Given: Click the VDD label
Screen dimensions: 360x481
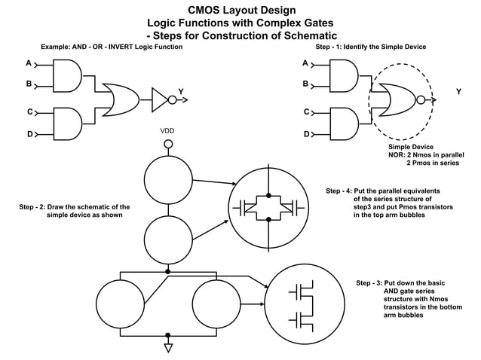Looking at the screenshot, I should [x=167, y=131].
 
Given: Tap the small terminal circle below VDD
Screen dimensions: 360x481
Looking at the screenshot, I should [x=168, y=143].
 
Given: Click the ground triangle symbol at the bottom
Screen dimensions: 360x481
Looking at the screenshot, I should [x=168, y=347].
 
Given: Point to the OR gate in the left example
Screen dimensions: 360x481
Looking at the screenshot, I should [x=121, y=96].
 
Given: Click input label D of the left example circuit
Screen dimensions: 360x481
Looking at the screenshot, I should [x=29, y=134].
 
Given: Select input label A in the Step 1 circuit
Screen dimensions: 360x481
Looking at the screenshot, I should [x=305, y=63].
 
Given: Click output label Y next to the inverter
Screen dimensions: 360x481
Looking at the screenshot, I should [x=181, y=92].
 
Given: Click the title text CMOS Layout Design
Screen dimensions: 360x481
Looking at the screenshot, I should [x=241, y=10].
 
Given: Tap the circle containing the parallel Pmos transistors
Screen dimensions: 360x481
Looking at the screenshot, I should [x=268, y=205].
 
